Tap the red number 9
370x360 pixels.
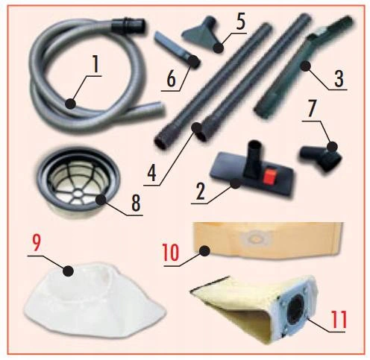(x=36, y=244)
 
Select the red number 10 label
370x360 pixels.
(x=171, y=252)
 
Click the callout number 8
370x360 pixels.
(x=136, y=203)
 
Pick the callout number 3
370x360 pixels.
(x=339, y=78)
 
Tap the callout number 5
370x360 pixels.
(x=240, y=22)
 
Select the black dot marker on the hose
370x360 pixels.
(x=71, y=103)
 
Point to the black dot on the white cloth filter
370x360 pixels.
(x=69, y=271)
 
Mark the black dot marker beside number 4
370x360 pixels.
(x=197, y=128)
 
